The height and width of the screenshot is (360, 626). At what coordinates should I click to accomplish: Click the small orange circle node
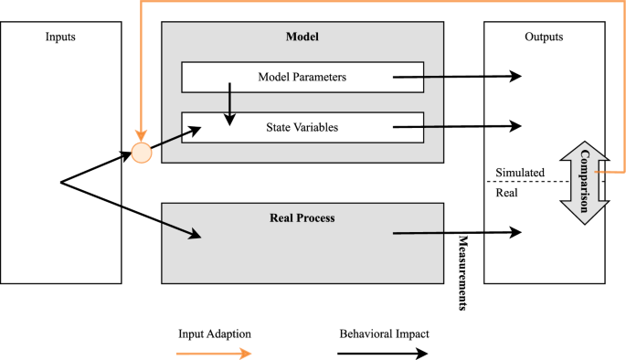click(141, 153)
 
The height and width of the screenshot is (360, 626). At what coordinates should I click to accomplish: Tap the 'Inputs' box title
click(60, 37)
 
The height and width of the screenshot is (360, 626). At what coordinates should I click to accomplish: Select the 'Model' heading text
click(302, 37)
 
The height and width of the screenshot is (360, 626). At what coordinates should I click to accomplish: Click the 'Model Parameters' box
click(302, 78)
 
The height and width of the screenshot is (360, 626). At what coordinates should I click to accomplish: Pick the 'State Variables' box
click(302, 127)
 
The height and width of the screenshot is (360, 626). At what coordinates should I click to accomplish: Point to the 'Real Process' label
click(302, 217)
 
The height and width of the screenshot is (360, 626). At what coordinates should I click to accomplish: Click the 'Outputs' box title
click(544, 37)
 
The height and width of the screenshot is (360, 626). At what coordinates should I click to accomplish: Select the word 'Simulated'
click(520, 173)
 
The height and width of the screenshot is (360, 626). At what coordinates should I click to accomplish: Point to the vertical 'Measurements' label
click(462, 272)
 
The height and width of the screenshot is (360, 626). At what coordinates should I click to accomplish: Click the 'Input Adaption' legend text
click(214, 334)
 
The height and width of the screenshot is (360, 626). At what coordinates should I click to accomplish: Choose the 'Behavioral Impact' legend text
click(384, 334)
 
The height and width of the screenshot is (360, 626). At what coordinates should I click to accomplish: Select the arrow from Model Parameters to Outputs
click(457, 78)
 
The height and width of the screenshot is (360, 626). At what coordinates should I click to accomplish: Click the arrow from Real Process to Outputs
click(457, 234)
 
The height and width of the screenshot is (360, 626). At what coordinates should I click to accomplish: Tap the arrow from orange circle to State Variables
click(175, 140)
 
